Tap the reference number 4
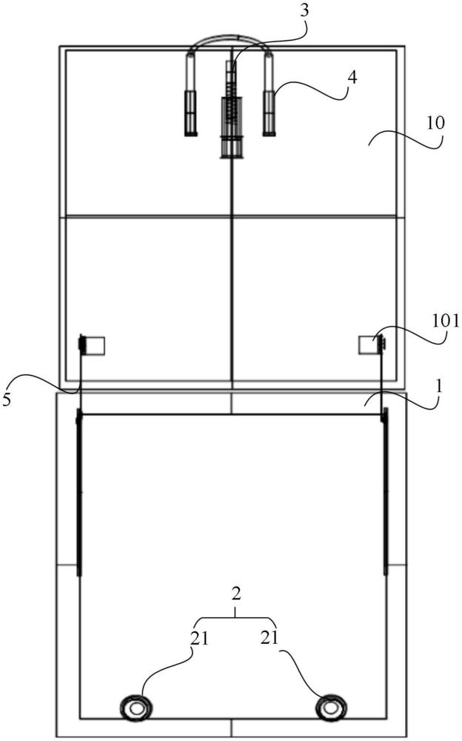coord(352,78)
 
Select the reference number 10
coord(435,123)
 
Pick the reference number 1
coord(439,387)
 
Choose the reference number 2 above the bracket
coord(237,594)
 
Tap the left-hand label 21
coord(199,639)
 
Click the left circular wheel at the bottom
coord(136,708)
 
